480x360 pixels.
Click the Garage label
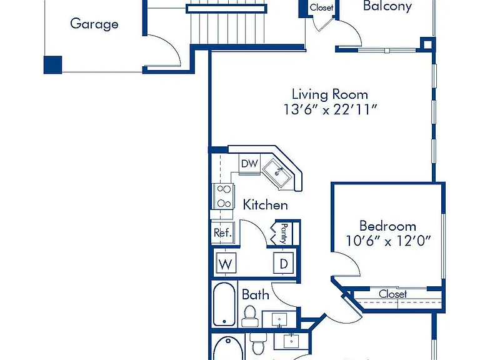pyautogui.click(x=94, y=24)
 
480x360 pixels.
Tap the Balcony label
pyautogui.click(x=387, y=6)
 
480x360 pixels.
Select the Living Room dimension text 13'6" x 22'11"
pyautogui.click(x=330, y=109)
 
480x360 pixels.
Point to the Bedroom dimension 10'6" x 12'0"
pyautogui.click(x=388, y=241)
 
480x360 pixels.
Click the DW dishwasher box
pyautogui.click(x=249, y=164)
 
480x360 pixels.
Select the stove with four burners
pyautogui.click(x=224, y=196)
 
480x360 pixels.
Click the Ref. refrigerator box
pyautogui.click(x=223, y=232)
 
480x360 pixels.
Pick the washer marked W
pyautogui.click(x=226, y=263)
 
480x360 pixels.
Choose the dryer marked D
pyautogui.click(x=284, y=263)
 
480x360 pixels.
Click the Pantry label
pyautogui.click(x=284, y=233)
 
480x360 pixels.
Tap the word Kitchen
pyautogui.click(x=265, y=205)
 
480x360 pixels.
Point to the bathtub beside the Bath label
pyautogui.click(x=224, y=304)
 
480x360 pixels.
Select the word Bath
pyautogui.click(x=255, y=294)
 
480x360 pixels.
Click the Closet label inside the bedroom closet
pyautogui.click(x=392, y=294)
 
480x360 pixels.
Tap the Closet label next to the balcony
pyautogui.click(x=321, y=7)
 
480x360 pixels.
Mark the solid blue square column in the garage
pyautogui.click(x=53, y=64)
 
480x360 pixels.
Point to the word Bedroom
pyautogui.click(x=387, y=226)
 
